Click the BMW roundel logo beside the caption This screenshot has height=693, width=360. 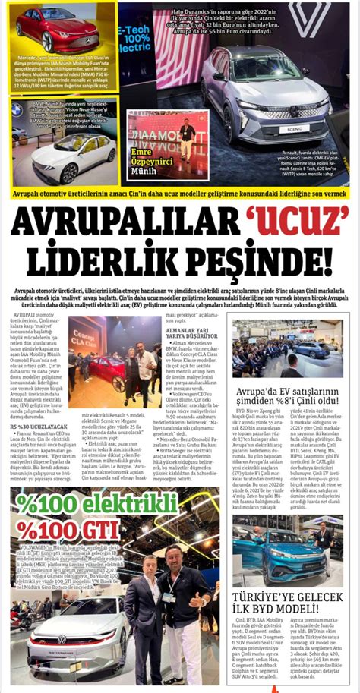coord(17,109)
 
